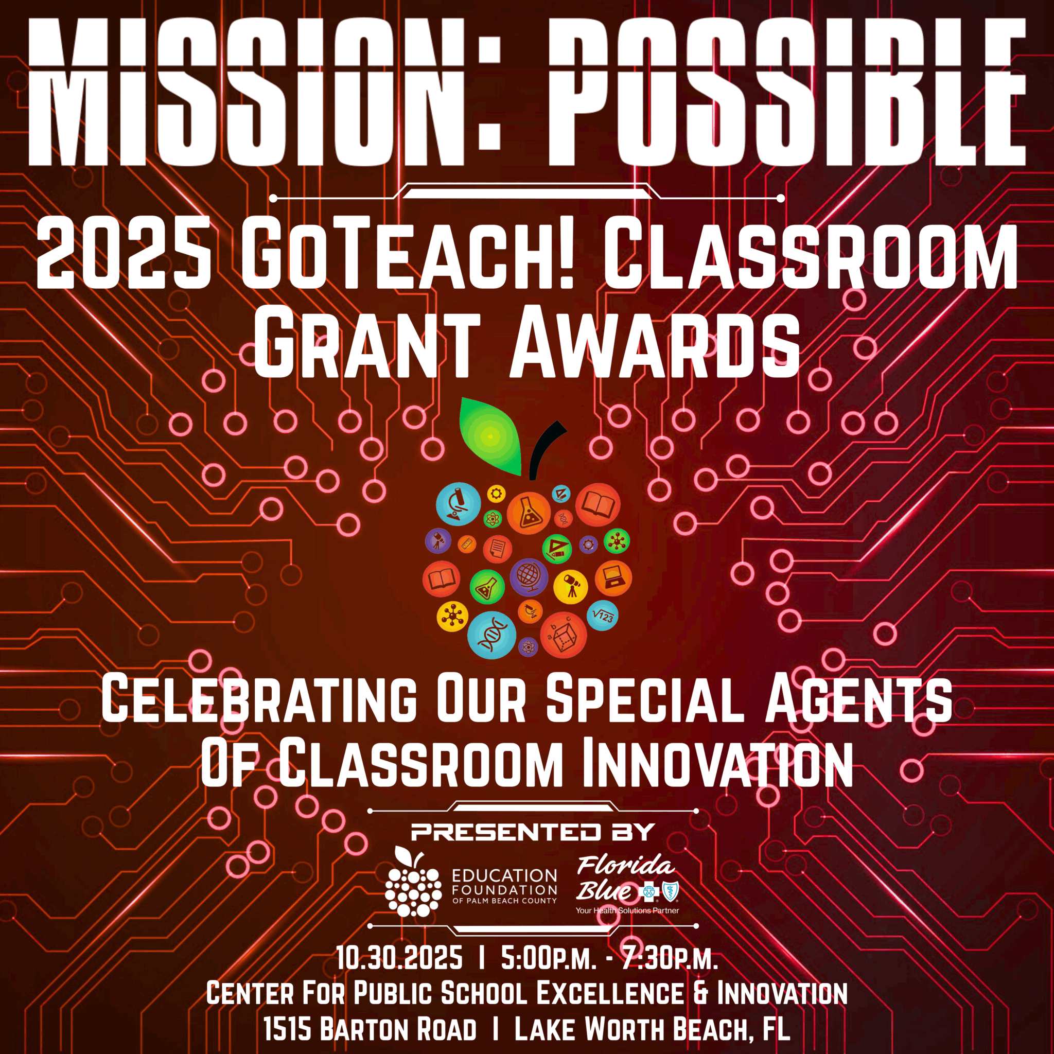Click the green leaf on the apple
click(490, 436)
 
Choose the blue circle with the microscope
click(458, 504)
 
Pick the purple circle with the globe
click(529, 576)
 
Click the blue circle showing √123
click(602, 616)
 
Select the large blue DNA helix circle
click(491, 635)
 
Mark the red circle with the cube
click(564, 635)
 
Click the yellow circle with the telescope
click(571, 587)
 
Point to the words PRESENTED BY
click(533, 832)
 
